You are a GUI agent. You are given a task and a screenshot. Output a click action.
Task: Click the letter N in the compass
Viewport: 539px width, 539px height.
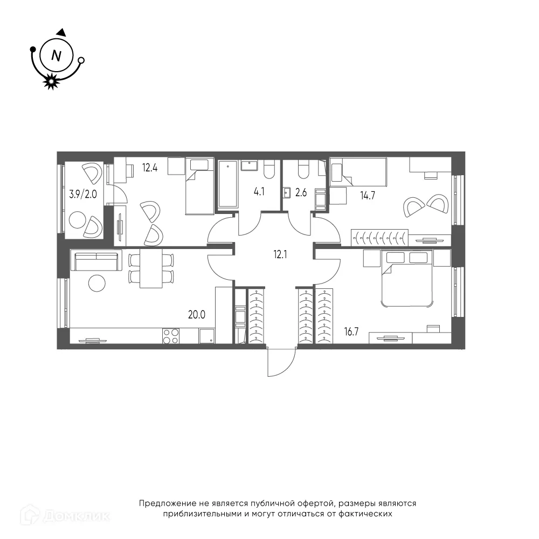56,56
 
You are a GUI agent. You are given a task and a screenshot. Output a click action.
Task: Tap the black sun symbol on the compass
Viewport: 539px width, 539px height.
51,81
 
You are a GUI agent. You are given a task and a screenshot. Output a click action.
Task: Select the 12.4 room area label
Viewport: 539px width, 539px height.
150,168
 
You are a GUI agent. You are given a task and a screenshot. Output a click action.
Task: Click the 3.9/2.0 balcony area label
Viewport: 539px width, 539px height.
83,195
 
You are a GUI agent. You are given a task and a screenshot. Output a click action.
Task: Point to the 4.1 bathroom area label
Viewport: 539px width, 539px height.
259,191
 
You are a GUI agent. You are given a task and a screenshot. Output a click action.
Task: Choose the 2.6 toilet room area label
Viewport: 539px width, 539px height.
301,192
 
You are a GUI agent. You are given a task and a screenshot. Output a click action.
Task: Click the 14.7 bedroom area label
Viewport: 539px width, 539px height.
368,196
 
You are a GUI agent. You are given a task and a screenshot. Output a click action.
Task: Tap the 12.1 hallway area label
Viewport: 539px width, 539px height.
280,255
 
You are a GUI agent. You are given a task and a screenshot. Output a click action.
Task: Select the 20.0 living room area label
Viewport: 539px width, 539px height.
197,315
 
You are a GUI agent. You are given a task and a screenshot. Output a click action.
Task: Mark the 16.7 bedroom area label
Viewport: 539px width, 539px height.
351,331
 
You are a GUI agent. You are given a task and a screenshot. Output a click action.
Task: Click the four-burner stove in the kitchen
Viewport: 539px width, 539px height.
171,336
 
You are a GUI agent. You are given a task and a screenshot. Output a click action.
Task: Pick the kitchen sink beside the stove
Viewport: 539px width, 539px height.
206,336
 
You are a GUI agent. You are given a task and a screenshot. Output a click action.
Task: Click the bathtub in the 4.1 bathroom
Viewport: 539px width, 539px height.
228,184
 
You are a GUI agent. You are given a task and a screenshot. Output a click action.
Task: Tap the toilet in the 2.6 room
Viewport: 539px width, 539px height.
303,170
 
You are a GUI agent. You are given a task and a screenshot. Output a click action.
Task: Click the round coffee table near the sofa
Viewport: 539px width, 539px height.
97,283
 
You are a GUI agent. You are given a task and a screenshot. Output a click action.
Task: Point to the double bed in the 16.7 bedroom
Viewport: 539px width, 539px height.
407,278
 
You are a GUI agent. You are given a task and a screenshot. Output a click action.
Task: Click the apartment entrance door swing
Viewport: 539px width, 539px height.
281,362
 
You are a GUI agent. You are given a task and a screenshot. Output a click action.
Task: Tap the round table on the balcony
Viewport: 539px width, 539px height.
77,220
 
